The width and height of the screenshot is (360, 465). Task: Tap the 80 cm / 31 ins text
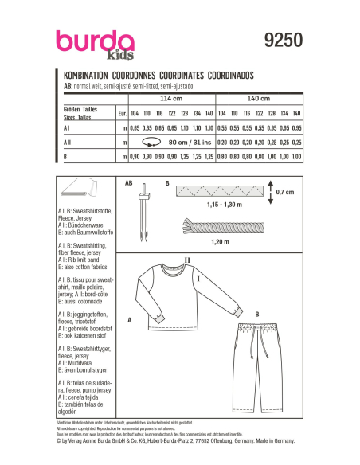(x=186, y=142)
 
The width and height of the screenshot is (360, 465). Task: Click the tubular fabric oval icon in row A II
(x=149, y=142)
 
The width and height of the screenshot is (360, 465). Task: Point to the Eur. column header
(x=122, y=113)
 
